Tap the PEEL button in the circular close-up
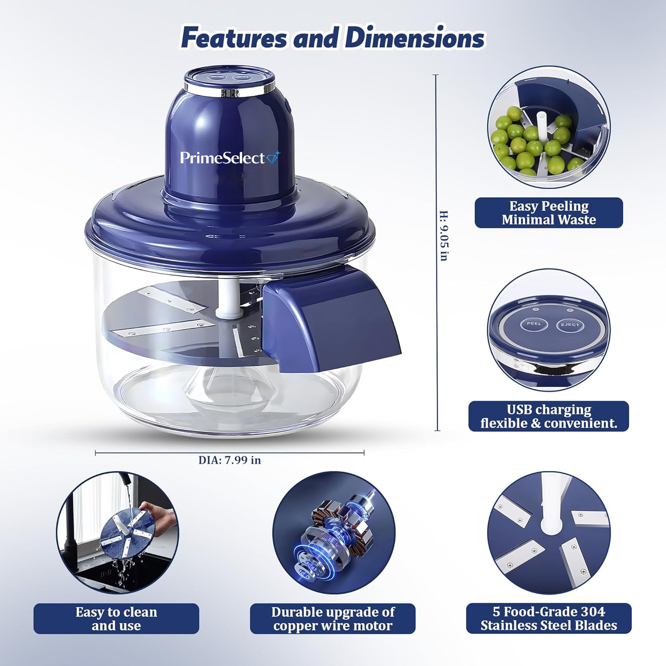pos(534,324)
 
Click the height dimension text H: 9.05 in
pos(443,236)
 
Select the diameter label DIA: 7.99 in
pos(230,460)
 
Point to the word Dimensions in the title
pos(415,38)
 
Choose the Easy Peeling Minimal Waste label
pos(548,212)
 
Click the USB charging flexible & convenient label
pos(548,416)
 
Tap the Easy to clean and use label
pos(116,619)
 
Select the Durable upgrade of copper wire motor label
pos(333,619)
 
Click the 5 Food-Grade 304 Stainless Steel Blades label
pos(548,618)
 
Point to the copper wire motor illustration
pos(333,535)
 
